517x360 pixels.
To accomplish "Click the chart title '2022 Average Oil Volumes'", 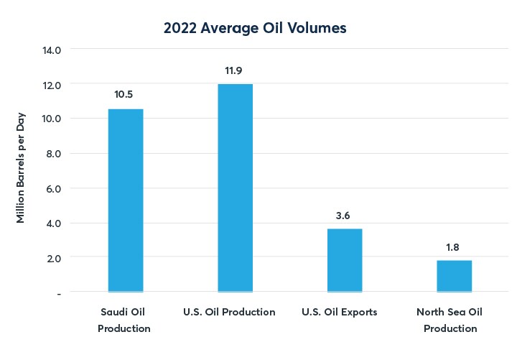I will (256, 28).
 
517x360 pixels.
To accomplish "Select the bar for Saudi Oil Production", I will (126, 200).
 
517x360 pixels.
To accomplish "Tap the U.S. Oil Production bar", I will (235, 188).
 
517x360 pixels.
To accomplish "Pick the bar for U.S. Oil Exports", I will (345, 260).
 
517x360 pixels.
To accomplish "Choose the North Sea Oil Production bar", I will (455, 276).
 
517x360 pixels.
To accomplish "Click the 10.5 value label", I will (126, 94).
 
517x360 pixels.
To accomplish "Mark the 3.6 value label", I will (345, 214).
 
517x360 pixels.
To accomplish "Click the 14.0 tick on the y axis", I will (52, 50).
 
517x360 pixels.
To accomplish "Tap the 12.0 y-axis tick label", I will (52, 85).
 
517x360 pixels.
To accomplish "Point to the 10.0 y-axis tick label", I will (52, 119).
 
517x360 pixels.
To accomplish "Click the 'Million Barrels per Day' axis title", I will (21, 167).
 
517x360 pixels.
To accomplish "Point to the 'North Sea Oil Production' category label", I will (450, 320).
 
